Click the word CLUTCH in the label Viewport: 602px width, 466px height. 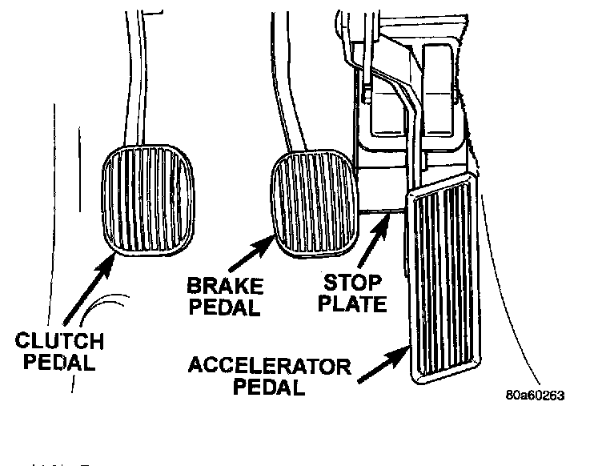pos(59,342)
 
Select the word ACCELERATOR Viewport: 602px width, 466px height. pos(270,368)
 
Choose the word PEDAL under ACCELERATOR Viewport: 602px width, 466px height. pos(271,388)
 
